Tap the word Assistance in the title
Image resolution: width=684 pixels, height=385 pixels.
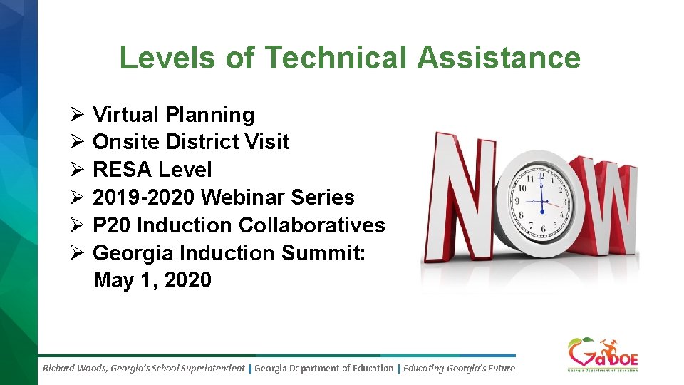click(x=499, y=58)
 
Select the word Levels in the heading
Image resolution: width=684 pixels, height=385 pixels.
click(x=167, y=58)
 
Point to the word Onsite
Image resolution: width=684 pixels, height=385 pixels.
click(x=126, y=142)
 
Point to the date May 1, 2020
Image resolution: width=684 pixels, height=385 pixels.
click(x=152, y=280)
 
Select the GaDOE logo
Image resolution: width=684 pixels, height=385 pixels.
click(x=602, y=354)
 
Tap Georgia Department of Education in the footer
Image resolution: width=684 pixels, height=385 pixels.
click(x=323, y=369)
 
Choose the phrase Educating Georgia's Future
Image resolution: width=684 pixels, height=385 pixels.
click(x=459, y=369)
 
